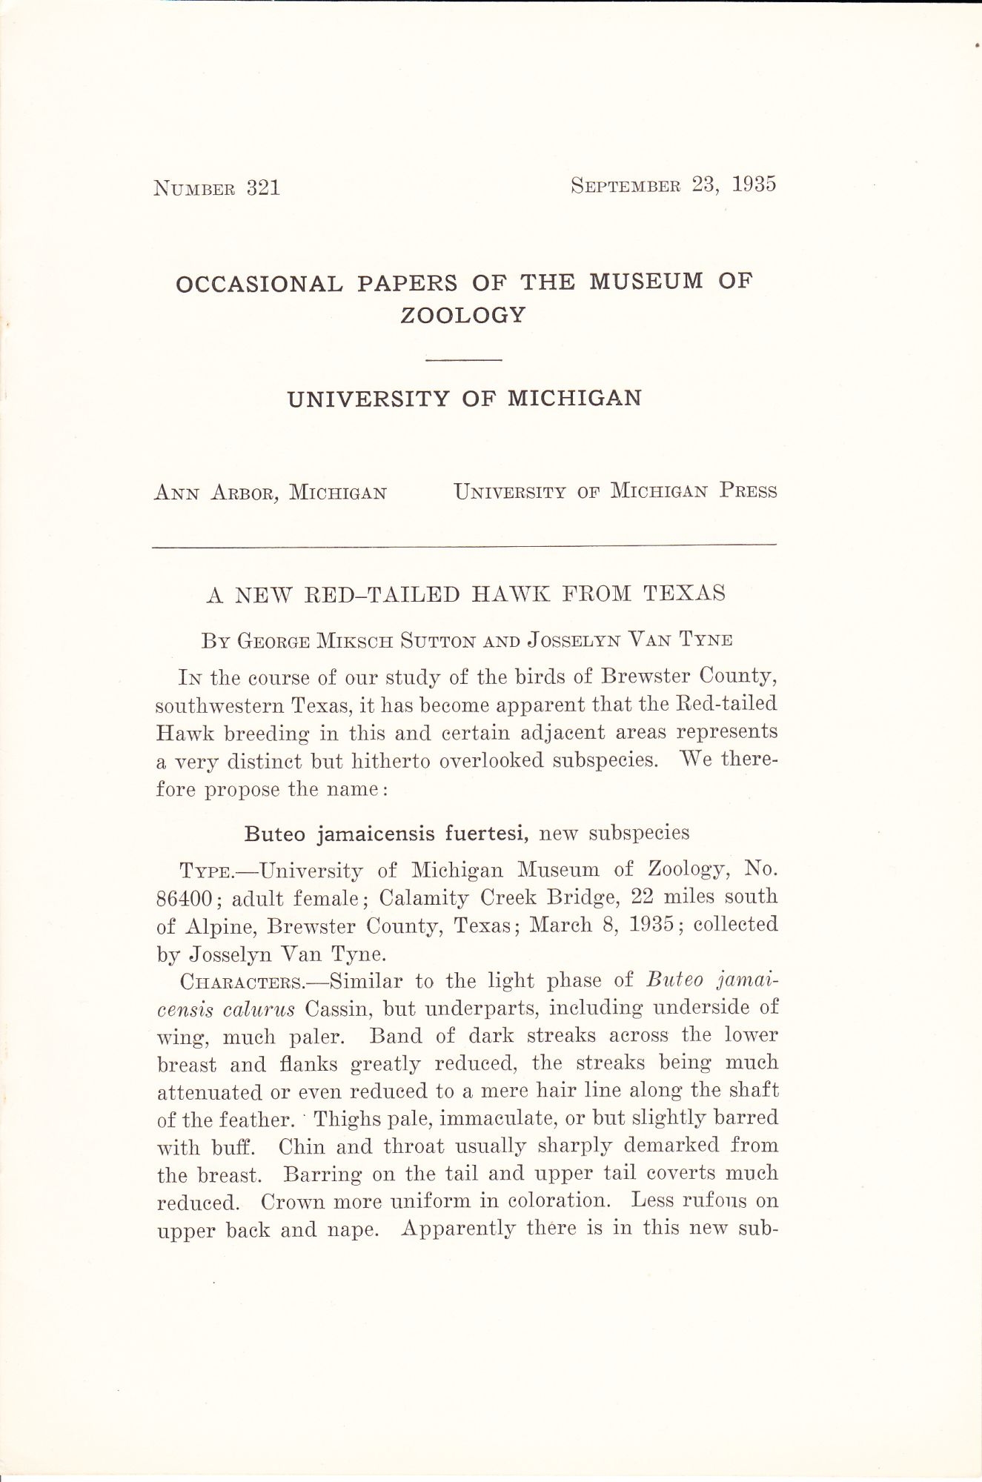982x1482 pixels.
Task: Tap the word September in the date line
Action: click(x=625, y=185)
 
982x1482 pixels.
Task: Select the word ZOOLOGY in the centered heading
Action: click(x=463, y=316)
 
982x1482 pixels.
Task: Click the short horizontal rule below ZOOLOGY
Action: click(x=464, y=360)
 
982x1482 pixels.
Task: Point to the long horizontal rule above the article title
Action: click(x=464, y=546)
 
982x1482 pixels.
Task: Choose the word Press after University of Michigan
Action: click(x=748, y=491)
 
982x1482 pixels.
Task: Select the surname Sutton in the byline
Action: click(x=437, y=640)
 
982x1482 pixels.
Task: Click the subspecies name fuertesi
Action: click(x=486, y=834)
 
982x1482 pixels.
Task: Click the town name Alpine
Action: click(x=222, y=926)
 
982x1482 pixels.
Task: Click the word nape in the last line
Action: click(x=350, y=1230)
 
